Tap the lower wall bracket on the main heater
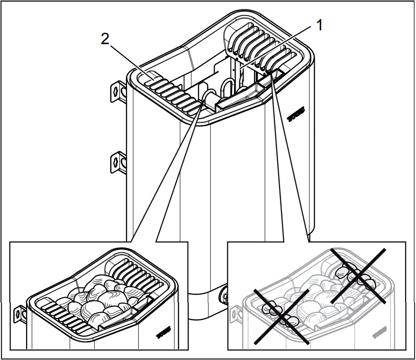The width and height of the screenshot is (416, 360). coord(117,161)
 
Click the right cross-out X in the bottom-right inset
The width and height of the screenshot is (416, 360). coord(358,276)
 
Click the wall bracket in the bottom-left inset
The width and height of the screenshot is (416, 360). coord(20,313)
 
